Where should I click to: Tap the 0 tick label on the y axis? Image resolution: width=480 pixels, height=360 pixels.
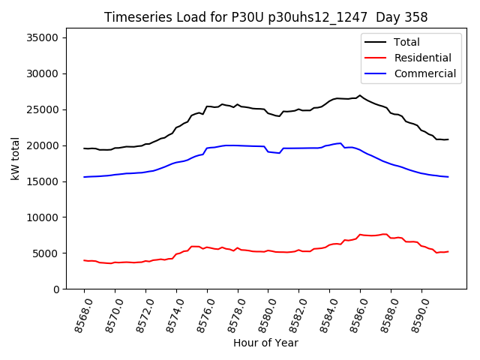click(56, 289)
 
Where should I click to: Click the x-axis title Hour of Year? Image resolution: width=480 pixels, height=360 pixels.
click(265, 343)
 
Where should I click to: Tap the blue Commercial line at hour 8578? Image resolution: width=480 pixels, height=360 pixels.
click(238, 145)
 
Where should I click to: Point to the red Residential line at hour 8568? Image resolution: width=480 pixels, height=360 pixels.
click(85, 260)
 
